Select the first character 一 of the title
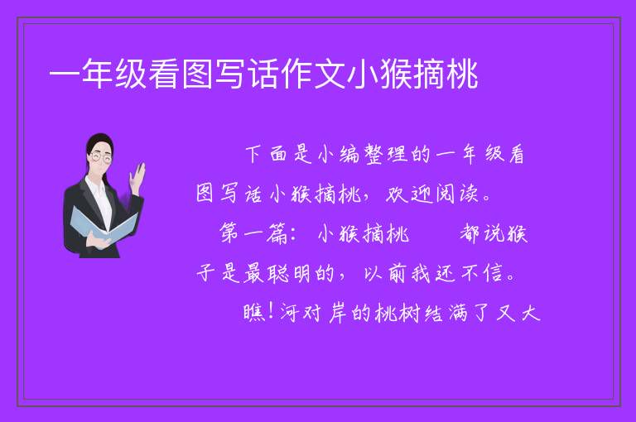point(65,75)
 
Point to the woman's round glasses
point(101,158)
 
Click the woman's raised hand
point(137,179)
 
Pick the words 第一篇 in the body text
point(253,234)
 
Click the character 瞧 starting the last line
point(254,313)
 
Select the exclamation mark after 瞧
point(271,312)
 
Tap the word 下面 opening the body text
point(266,155)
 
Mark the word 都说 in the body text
point(480,234)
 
